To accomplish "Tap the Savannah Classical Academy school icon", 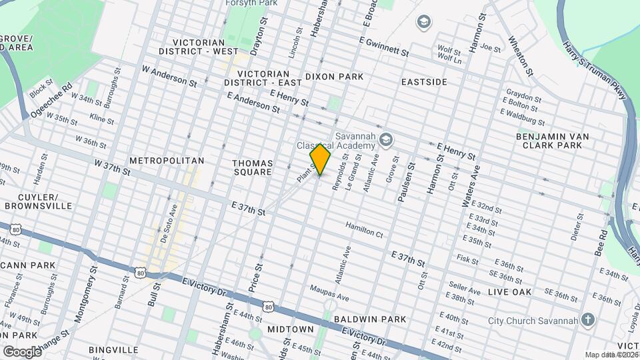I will click(385, 140).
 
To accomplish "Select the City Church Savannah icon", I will click(587, 319).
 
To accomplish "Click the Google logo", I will click(21, 351).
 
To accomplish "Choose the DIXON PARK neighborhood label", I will click(334, 77).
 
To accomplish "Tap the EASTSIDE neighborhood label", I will click(424, 81).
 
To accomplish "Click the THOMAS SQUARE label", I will click(252, 167).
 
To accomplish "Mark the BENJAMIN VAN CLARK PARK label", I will click(553, 141).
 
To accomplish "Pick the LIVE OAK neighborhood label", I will click(509, 292).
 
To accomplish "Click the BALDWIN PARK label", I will click(370, 319).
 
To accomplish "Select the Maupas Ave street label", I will click(329, 293).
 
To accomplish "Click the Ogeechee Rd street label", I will click(51, 101).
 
